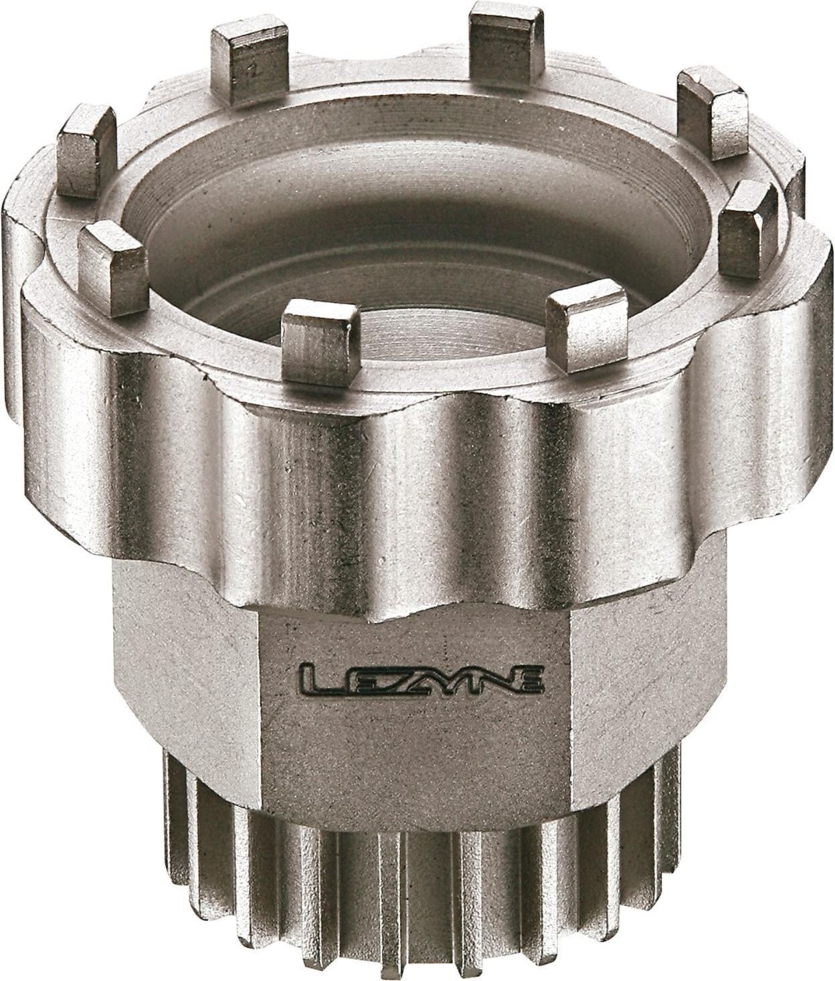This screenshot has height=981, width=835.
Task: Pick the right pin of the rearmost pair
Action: coord(504,48)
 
